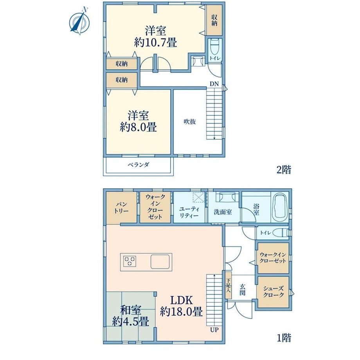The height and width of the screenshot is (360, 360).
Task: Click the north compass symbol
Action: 79,22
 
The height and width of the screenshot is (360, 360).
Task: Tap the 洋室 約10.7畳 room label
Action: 155,36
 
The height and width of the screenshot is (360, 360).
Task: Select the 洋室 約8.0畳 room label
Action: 138,121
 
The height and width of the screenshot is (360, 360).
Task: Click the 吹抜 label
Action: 190,122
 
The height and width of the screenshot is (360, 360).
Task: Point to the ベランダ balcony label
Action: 139,165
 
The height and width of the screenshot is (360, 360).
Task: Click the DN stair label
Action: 214,84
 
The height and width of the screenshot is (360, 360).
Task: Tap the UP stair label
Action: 214,330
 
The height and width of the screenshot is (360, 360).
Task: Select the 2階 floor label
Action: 284,170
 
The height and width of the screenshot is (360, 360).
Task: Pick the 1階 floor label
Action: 284,338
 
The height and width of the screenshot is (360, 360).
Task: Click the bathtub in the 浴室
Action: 279,207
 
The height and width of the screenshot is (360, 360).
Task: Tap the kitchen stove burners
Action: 130,261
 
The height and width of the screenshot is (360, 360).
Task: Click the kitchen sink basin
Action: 160,261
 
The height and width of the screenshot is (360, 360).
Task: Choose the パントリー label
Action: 121,207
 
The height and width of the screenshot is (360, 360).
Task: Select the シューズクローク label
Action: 274,292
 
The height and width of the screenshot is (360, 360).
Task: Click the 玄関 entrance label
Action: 243,290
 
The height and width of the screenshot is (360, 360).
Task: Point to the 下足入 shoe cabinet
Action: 229,285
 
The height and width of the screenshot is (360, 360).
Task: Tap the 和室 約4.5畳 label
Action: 131,316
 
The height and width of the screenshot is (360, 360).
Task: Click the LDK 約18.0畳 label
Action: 182,306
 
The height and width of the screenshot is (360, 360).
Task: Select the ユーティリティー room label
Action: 189,212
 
